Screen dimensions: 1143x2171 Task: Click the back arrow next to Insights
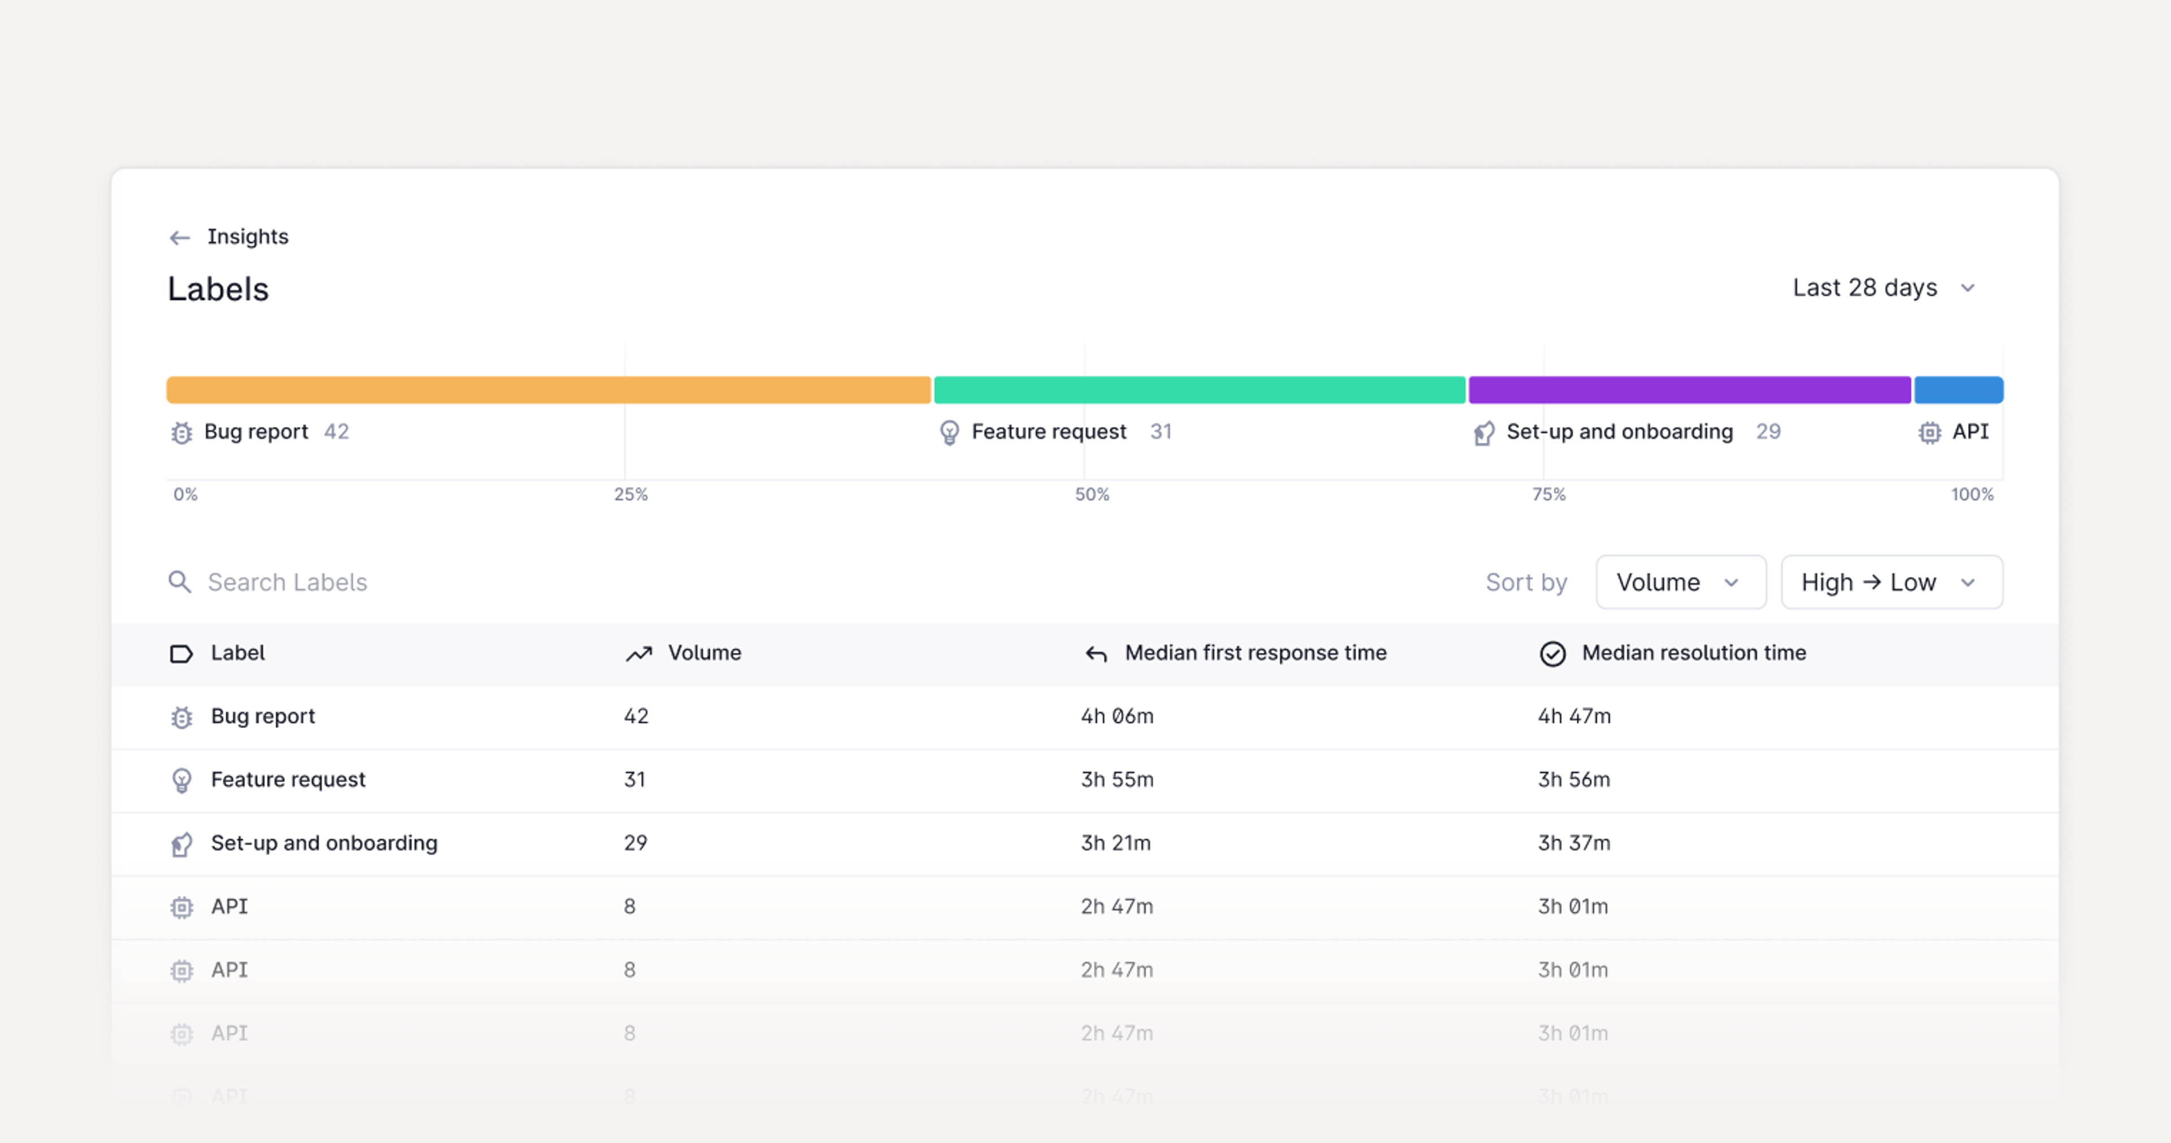[180, 238]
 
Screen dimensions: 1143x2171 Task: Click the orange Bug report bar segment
[548, 390]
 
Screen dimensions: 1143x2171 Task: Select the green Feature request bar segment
[1199, 390]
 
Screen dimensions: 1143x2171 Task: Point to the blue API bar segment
[1958, 390]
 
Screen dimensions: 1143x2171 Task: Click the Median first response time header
[1255, 653]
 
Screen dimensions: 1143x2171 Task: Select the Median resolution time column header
[1693, 653]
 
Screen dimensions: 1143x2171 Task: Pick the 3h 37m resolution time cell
[1573, 843]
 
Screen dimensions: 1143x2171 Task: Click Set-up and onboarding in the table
[323, 843]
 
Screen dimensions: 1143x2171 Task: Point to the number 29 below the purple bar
[1767, 432]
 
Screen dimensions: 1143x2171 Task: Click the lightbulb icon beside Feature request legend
[949, 433]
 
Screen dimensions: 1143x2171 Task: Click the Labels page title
[218, 289]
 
